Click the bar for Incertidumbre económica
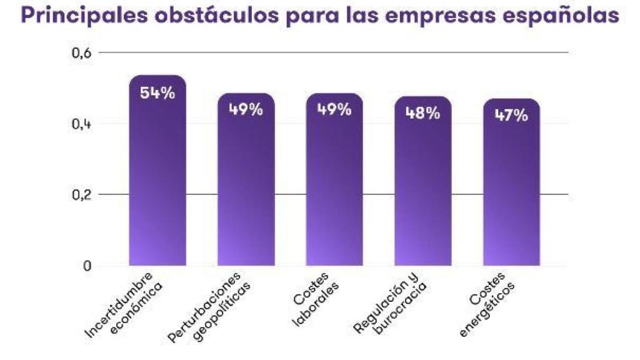click(157, 181)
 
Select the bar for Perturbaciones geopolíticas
click(246, 187)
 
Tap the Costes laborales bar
click(334, 187)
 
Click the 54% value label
click(157, 93)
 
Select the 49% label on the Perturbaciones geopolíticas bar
click(246, 109)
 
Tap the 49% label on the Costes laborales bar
click(334, 109)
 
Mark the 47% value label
click(511, 116)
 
